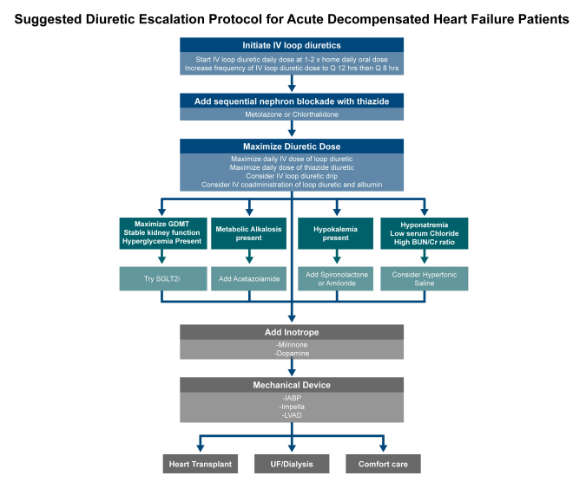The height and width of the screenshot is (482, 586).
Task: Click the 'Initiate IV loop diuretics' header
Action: point(292,45)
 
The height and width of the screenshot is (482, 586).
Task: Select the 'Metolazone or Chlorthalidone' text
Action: point(292,114)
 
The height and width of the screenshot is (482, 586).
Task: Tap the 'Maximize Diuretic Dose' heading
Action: point(292,147)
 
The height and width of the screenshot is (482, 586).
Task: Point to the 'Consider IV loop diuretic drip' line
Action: point(292,176)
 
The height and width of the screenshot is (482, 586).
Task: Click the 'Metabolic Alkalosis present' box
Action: point(249,233)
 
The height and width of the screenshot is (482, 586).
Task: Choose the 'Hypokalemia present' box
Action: point(336,233)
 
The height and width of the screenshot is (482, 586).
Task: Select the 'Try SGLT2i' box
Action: point(163,278)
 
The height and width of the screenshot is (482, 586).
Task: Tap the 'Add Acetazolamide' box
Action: point(249,278)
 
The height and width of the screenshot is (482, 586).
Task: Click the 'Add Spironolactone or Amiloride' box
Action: point(336,278)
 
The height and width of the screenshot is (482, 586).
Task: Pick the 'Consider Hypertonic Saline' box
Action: point(425,278)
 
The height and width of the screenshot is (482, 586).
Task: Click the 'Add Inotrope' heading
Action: point(292,332)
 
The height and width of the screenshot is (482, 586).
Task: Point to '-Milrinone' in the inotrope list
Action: point(292,345)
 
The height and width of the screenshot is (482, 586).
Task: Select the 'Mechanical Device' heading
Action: point(292,385)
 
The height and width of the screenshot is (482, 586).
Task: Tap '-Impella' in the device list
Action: point(292,407)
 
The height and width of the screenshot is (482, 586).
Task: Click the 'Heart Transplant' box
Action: point(201,464)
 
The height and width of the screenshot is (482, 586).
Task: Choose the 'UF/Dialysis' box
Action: point(292,464)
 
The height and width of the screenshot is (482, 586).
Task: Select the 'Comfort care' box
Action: point(383,464)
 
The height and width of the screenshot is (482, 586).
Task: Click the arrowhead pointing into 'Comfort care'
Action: point(383,447)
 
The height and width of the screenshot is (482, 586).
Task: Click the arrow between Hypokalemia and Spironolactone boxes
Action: point(337,257)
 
